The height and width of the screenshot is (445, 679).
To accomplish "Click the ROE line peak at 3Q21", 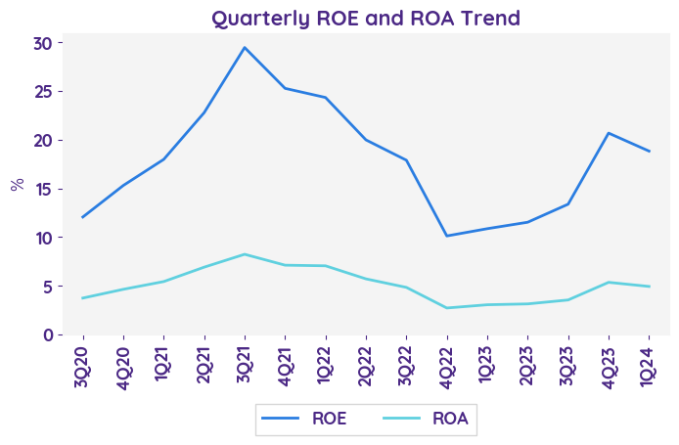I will click(x=245, y=48).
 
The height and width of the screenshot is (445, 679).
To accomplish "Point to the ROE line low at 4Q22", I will click(x=447, y=236).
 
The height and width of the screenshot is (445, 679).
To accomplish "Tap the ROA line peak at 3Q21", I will click(x=245, y=254).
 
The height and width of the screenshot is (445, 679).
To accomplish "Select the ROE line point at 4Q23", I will click(x=609, y=133).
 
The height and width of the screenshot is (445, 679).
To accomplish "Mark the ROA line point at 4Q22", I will click(x=447, y=308).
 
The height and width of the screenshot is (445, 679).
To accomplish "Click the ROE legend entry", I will click(x=308, y=420).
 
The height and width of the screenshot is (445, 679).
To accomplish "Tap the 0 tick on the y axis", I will click(x=45, y=334).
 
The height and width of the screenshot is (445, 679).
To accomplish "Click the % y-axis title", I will click(x=17, y=184).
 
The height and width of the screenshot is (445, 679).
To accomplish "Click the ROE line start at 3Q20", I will click(x=82, y=217).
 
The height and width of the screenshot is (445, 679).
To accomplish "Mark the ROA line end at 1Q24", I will click(x=650, y=287).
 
